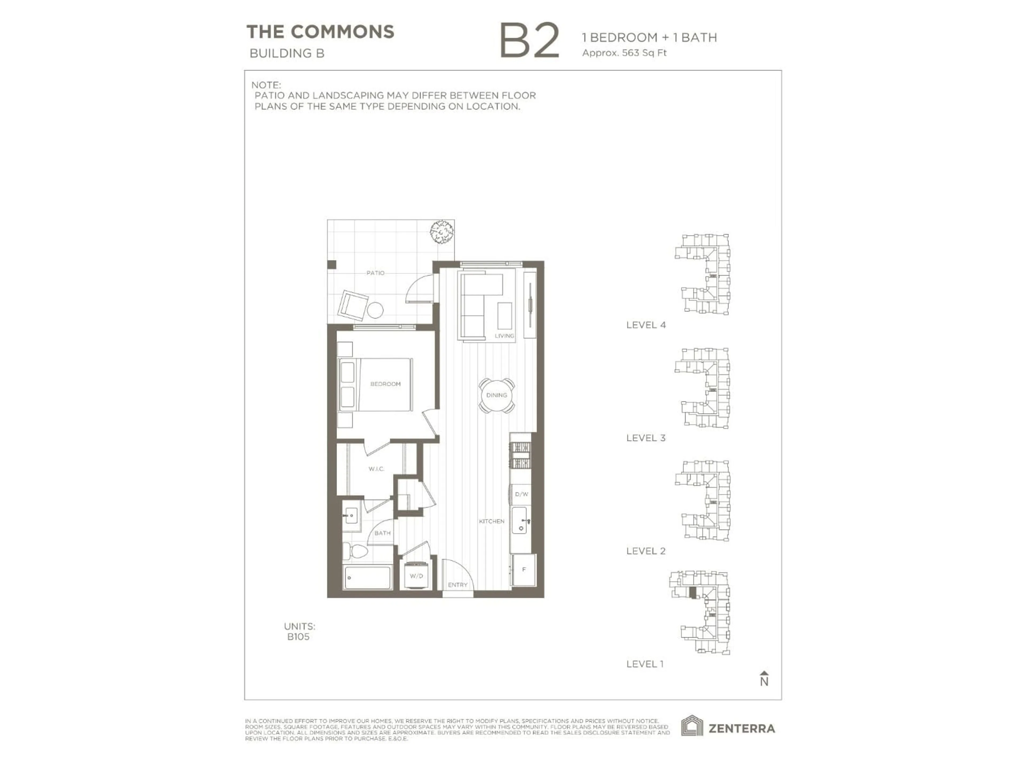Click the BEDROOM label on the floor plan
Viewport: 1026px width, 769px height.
coord(385,384)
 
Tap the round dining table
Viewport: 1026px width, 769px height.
coord(497,395)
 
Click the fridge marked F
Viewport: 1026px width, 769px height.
coord(524,570)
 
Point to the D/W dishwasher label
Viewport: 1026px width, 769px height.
coord(521,494)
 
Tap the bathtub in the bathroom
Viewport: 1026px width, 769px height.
coord(367,578)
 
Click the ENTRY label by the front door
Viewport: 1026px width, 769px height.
coord(457,585)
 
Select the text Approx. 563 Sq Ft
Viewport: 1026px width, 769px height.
coord(624,53)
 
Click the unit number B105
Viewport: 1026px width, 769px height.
coord(298,637)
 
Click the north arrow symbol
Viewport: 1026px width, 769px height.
coord(764,678)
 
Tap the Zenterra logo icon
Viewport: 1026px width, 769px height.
coord(692,726)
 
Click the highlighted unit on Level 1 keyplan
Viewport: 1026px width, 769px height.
coord(693,593)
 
